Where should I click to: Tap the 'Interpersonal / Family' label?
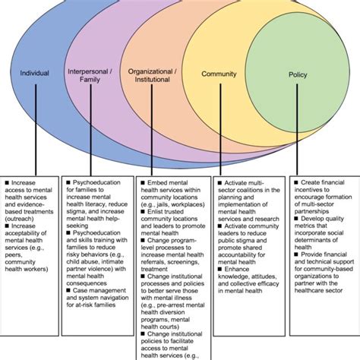pos(91,74)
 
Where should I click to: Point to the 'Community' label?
pos(218,74)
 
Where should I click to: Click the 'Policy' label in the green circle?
pos(298,74)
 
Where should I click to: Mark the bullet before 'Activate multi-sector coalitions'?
pos(219,183)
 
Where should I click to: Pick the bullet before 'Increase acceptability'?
pos(6,226)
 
